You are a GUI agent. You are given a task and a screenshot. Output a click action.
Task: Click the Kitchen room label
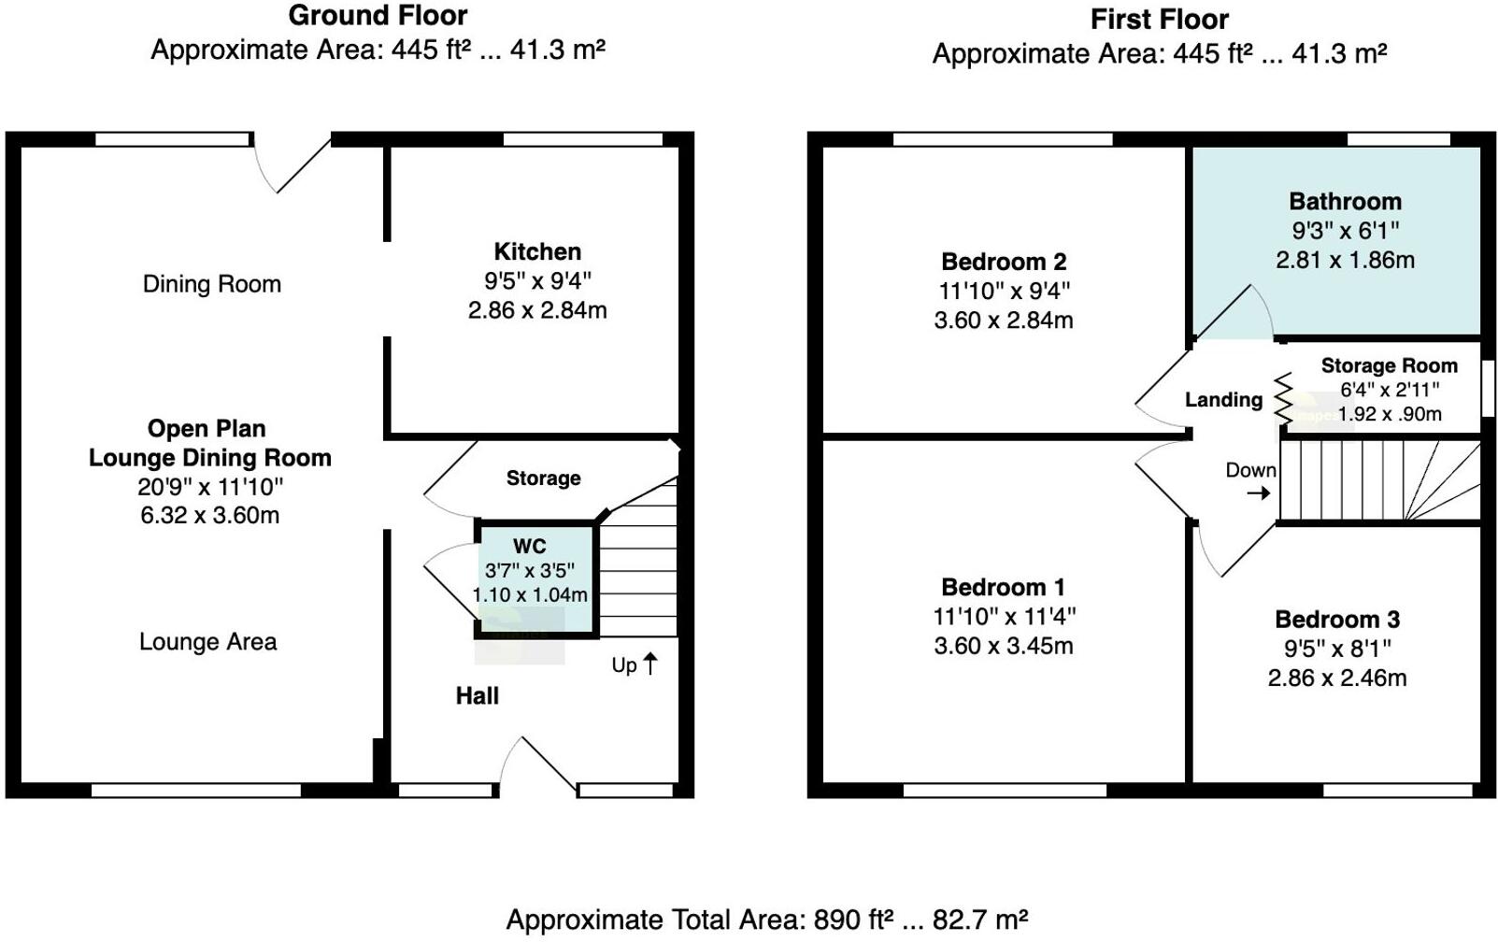point(537,251)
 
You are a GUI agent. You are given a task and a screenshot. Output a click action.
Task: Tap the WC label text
point(529,547)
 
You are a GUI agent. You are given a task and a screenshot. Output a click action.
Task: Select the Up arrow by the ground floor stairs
point(650,664)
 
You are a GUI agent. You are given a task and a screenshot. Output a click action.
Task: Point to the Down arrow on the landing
point(1259,492)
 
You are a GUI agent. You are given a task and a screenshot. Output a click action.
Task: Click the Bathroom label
point(1345,201)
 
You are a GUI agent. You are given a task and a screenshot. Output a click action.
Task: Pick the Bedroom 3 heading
point(1337,619)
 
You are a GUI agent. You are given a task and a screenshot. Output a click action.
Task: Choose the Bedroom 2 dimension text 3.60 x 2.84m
point(1004,321)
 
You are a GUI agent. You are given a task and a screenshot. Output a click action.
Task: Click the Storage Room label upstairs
point(1389,365)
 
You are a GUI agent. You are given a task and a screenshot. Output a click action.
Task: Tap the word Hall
point(477,695)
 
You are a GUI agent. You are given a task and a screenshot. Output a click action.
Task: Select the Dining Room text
point(212,284)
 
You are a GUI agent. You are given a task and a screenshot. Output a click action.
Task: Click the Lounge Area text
point(208,642)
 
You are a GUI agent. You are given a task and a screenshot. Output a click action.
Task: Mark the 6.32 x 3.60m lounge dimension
point(209,515)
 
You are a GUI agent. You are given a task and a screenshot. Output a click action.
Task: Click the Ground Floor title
point(378,15)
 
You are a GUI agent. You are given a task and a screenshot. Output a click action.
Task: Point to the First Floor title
point(1159,19)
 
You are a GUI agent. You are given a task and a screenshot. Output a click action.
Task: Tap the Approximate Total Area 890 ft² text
point(766,920)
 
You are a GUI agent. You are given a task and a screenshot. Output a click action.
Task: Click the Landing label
point(1223,400)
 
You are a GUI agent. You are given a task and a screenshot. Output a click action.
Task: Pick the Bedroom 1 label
point(1003,587)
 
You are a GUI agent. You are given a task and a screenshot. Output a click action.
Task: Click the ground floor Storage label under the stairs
point(543,478)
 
